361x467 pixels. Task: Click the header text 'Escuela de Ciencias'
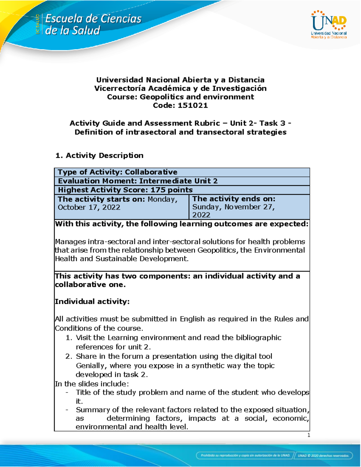click(93, 19)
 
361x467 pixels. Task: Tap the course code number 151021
click(193, 105)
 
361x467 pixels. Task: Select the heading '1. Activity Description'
click(99, 155)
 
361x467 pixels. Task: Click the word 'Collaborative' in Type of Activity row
click(151, 172)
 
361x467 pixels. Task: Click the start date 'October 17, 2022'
click(89, 207)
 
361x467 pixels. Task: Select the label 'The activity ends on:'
click(234, 199)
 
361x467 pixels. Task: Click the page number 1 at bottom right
click(308, 435)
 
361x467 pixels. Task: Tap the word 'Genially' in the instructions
click(91, 366)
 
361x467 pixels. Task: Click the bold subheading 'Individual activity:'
click(92, 302)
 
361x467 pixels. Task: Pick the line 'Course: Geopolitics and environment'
click(180, 97)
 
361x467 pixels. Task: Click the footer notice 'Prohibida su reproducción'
click(245, 455)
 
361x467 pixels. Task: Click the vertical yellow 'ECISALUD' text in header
click(38, 24)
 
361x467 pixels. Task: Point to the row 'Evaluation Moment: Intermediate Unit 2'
click(137, 181)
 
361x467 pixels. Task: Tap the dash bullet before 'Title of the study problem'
click(67, 392)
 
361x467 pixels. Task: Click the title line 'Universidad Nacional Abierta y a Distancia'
click(180, 80)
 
